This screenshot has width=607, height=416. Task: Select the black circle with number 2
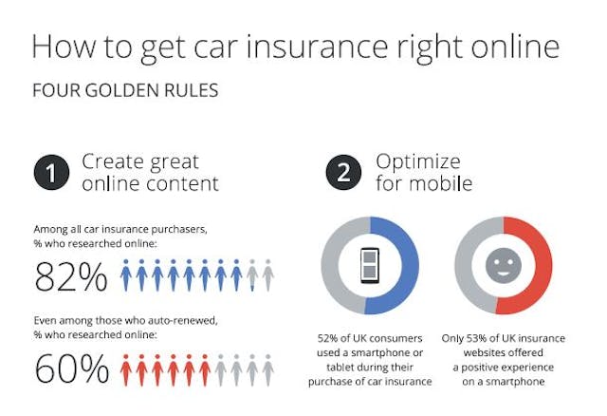point(343,172)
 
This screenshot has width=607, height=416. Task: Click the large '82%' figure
point(70,276)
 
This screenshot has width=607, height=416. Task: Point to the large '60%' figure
point(70,368)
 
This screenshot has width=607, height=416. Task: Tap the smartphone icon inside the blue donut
point(370,265)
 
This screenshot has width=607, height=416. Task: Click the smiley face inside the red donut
point(504,265)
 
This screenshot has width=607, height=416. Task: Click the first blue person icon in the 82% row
point(126,275)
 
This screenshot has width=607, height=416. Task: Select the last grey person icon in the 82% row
point(268,275)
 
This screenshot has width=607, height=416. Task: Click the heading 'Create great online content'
point(150,172)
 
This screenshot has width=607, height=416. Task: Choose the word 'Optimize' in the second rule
point(417,161)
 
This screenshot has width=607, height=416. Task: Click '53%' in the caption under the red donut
point(484,338)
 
